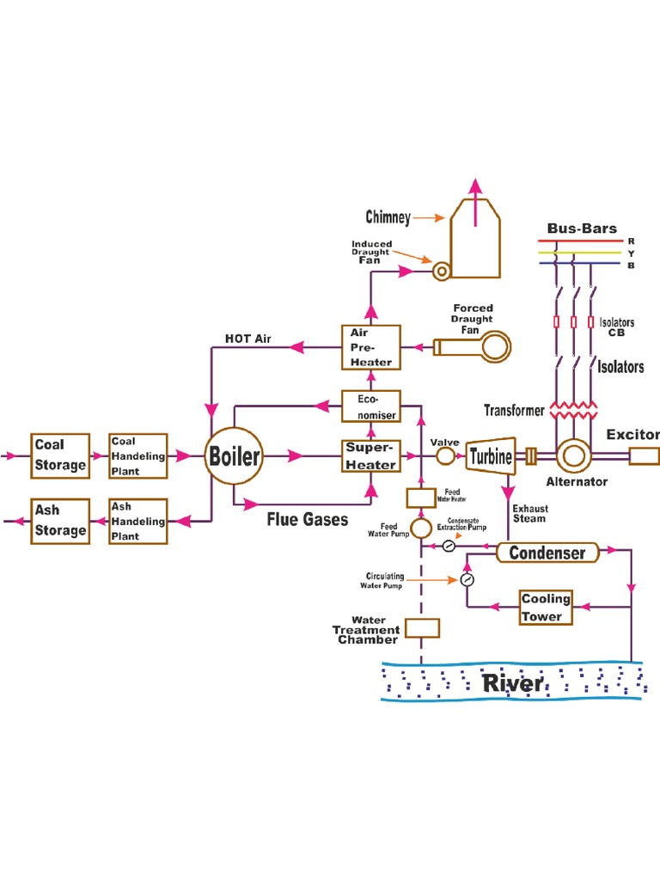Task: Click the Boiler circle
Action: pos(234,455)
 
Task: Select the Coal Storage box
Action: pos(60,455)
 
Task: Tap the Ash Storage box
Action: pos(60,521)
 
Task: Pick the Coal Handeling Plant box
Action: pos(137,455)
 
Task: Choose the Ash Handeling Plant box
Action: pos(137,521)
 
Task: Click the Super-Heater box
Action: pos(370,456)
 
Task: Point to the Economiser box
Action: pos(370,406)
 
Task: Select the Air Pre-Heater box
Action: pos(370,347)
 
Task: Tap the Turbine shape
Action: pos(491,456)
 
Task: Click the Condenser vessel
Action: pos(547,553)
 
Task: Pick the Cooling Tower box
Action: pos(546,608)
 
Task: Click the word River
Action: pos(512,684)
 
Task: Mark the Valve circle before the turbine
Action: pos(446,456)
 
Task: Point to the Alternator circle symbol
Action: pos(573,455)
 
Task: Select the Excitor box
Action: pos(645,455)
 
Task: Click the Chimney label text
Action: pos(388,218)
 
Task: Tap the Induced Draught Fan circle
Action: pos(442,272)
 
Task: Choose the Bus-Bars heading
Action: pos(582,229)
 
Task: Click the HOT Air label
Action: pos(247,339)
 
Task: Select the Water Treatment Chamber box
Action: pos(422,628)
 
